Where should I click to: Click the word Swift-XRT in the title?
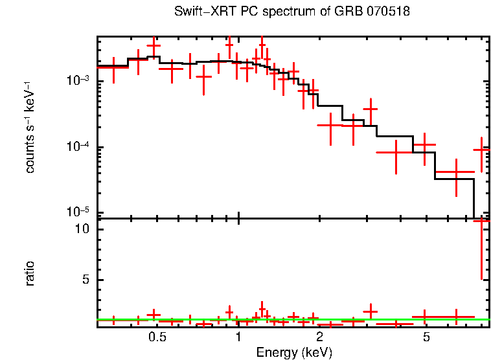(200, 12)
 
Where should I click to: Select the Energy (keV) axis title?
(293, 352)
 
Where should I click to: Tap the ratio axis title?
(30, 273)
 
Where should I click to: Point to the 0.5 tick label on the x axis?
(156, 338)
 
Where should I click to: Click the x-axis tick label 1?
(238, 338)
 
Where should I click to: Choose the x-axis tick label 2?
(319, 338)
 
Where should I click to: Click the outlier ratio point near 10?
(481, 221)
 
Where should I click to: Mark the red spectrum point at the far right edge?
(481, 150)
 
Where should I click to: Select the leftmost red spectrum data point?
(113, 67)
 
